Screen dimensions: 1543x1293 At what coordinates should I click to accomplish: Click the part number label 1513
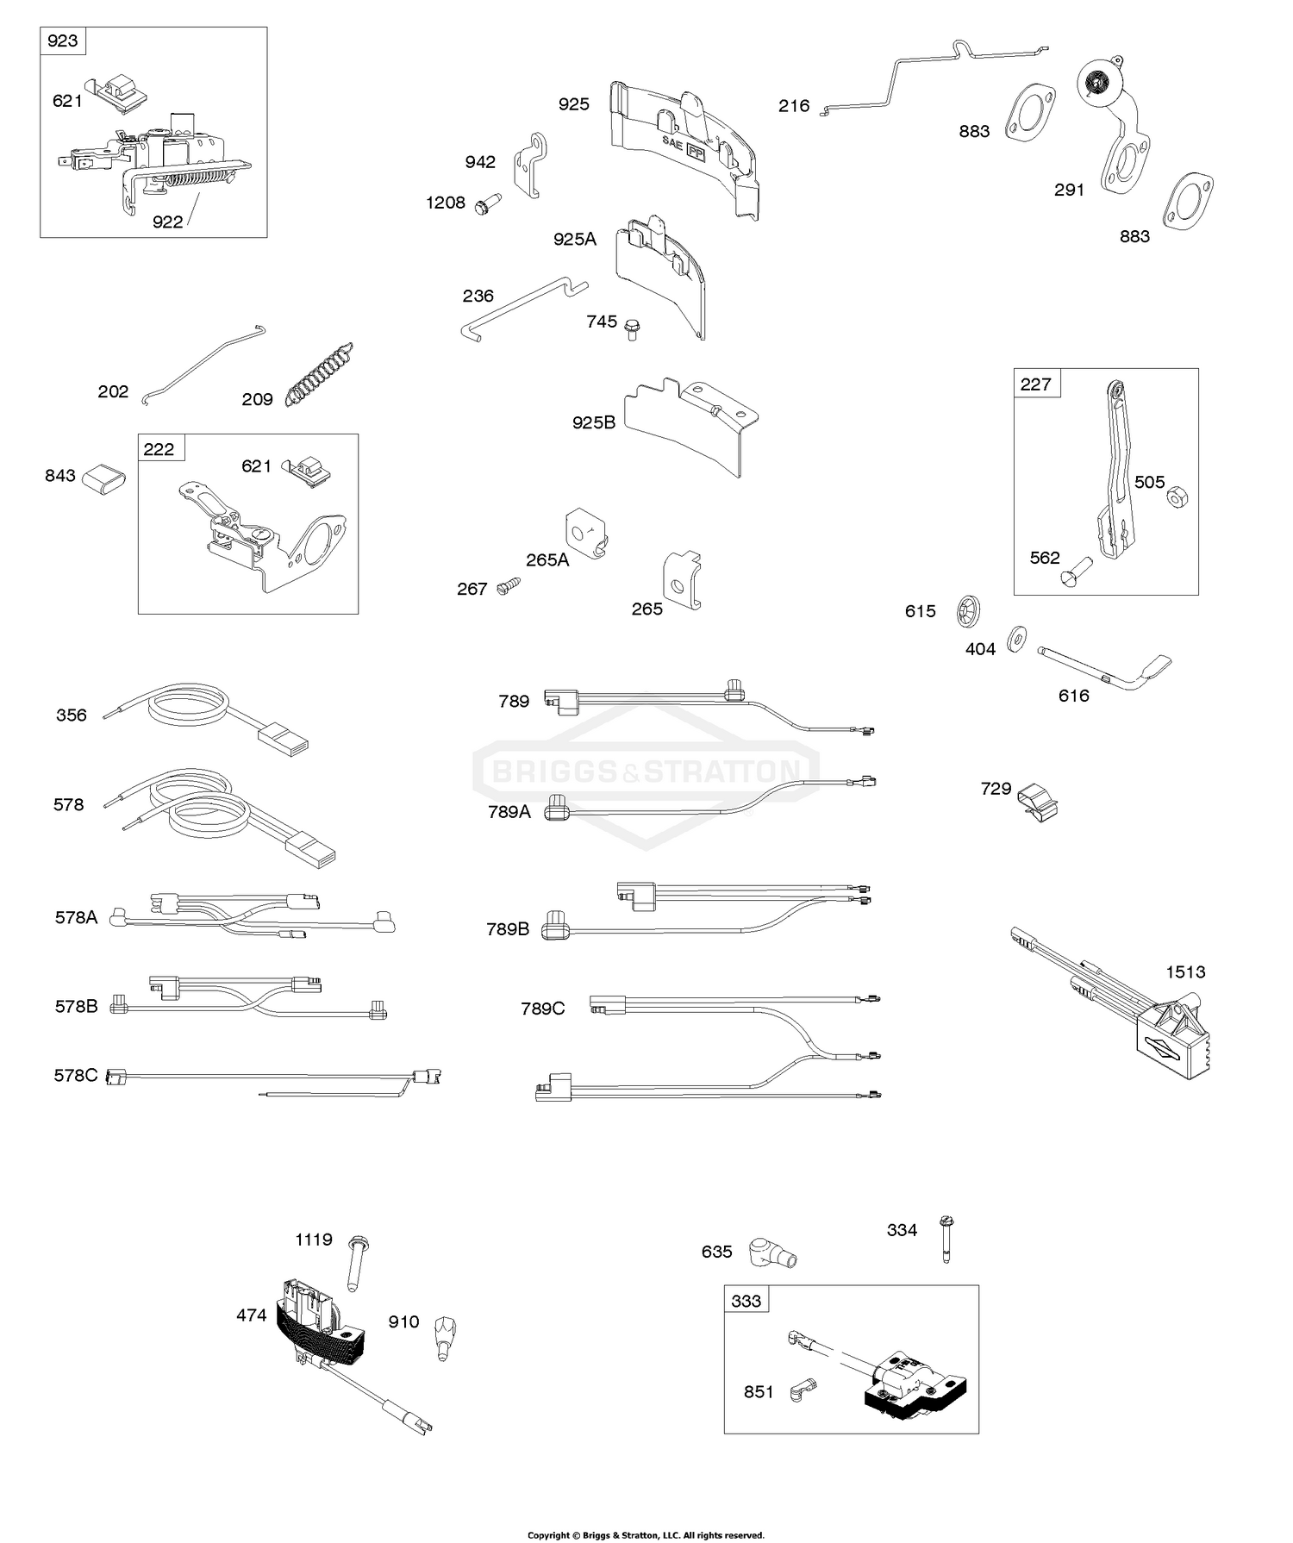point(1185,972)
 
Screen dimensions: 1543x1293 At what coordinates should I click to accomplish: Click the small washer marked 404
point(1015,638)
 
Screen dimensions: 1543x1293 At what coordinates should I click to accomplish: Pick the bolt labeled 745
point(632,328)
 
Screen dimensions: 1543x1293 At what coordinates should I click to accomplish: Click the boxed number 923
point(63,41)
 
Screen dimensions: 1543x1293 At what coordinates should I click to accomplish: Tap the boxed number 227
point(1035,384)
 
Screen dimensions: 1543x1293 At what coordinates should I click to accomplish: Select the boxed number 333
point(746,1301)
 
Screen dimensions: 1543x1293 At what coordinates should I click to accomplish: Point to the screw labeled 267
point(509,585)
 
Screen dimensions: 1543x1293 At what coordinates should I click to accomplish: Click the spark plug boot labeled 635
point(771,1253)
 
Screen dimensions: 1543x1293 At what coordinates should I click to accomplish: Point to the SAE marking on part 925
point(671,140)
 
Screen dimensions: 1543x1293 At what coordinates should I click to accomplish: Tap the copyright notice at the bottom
point(646,1534)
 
